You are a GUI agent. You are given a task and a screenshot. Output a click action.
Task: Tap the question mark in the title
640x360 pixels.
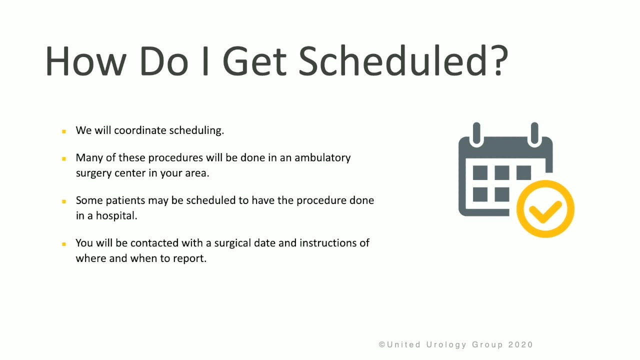tap(499, 61)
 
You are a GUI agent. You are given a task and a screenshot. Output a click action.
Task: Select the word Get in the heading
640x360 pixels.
tap(254, 61)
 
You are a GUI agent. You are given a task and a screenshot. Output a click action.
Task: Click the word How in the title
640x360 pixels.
tap(85, 61)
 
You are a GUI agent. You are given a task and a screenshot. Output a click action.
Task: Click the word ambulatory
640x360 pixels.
tap(322, 158)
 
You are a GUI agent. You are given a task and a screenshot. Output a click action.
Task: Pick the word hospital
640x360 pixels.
tap(116, 215)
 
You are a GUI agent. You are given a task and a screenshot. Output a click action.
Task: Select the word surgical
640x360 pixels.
tap(232, 243)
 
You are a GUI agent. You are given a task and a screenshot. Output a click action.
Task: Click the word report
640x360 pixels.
tap(189, 259)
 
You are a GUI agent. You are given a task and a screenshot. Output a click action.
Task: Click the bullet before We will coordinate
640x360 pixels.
tap(64, 131)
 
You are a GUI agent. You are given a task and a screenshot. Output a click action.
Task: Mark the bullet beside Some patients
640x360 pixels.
tap(64, 201)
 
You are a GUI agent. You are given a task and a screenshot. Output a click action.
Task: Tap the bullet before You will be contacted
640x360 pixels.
tap(64, 244)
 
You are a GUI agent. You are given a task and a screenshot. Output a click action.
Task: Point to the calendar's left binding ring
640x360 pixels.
tap(476, 133)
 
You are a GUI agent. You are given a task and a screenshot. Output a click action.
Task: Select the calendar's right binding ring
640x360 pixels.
tap(534, 133)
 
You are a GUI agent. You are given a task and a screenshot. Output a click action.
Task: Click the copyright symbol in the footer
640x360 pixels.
tap(381, 344)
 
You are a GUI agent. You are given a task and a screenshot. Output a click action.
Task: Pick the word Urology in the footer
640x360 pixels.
tap(446, 345)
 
